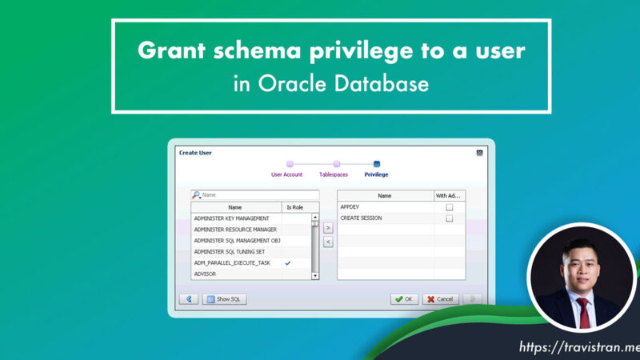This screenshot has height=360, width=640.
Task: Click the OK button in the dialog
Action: (x=404, y=299)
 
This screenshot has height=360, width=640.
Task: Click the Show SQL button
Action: (x=225, y=299)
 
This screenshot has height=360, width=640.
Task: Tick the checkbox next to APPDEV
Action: (x=449, y=207)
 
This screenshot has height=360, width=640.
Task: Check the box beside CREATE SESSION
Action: (x=449, y=218)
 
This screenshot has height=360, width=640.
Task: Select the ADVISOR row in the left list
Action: (x=237, y=274)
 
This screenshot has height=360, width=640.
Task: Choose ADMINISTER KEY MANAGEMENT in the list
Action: (x=237, y=218)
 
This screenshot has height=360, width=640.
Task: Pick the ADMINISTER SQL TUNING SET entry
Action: (x=237, y=252)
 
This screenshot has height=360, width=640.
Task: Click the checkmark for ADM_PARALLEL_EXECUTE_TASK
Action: (x=288, y=263)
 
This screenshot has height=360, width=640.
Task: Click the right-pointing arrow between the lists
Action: (x=327, y=228)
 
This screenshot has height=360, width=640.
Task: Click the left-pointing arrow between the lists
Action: (x=327, y=242)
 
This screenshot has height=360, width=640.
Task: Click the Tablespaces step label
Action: (x=334, y=174)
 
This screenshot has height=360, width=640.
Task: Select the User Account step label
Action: (x=287, y=174)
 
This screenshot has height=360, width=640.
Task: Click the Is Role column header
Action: (x=295, y=207)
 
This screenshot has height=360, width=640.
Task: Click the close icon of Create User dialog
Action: (x=479, y=153)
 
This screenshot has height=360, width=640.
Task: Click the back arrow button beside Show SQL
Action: (x=188, y=299)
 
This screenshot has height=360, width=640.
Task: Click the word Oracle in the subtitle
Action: (x=288, y=84)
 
